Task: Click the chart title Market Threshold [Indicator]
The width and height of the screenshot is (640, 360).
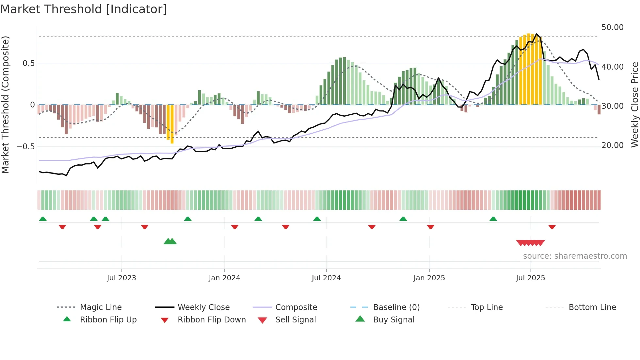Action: click(84, 9)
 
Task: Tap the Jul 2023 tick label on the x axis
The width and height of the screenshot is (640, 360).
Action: click(121, 278)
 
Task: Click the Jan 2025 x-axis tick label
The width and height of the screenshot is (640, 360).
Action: click(429, 278)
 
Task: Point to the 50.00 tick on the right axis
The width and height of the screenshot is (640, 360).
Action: click(612, 27)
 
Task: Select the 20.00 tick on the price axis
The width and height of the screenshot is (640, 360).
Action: click(612, 145)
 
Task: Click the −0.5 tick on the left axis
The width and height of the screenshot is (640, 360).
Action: click(26, 147)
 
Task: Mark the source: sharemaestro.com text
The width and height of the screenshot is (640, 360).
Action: click(575, 256)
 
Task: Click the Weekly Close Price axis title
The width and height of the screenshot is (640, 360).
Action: click(634, 105)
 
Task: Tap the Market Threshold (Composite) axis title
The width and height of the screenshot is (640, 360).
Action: click(5, 105)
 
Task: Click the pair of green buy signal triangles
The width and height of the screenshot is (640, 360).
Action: click(170, 241)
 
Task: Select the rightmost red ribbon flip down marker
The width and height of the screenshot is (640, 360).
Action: click(552, 227)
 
